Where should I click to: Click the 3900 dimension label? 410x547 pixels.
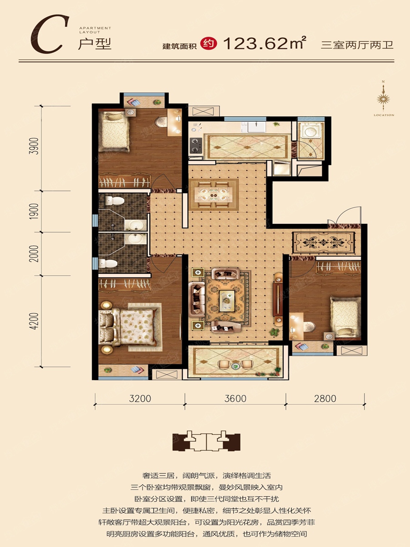[34, 146]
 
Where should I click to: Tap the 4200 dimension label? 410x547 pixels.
[34, 321]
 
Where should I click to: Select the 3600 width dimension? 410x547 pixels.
[235, 399]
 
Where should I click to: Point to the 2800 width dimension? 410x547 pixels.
[325, 399]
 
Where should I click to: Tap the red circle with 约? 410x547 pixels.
[209, 44]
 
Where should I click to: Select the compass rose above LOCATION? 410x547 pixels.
[384, 99]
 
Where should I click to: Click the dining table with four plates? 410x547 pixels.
[214, 195]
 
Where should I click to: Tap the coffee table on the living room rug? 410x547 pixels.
[227, 300]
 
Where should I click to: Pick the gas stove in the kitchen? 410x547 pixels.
[196, 145]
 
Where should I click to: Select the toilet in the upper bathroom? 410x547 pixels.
[114, 201]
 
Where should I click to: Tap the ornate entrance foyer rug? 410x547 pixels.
[323, 242]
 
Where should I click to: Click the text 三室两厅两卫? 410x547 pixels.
[357, 45]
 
